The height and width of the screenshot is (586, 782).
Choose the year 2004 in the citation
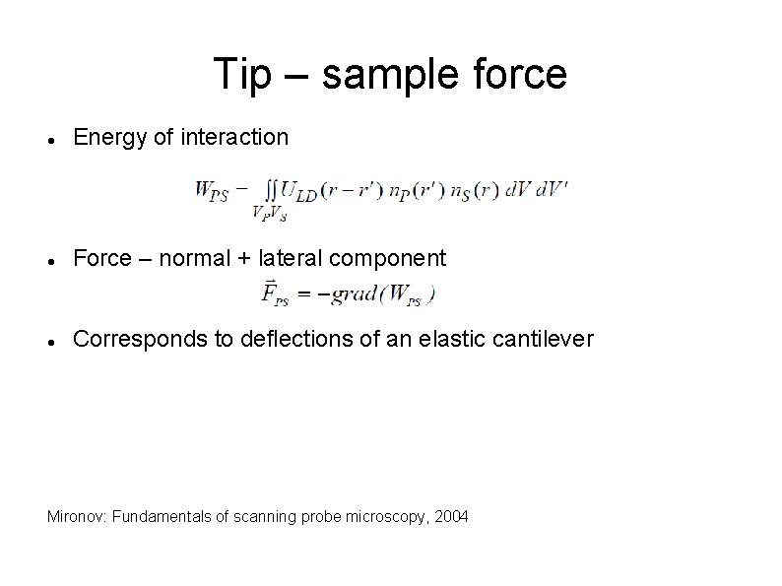pos(452,516)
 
